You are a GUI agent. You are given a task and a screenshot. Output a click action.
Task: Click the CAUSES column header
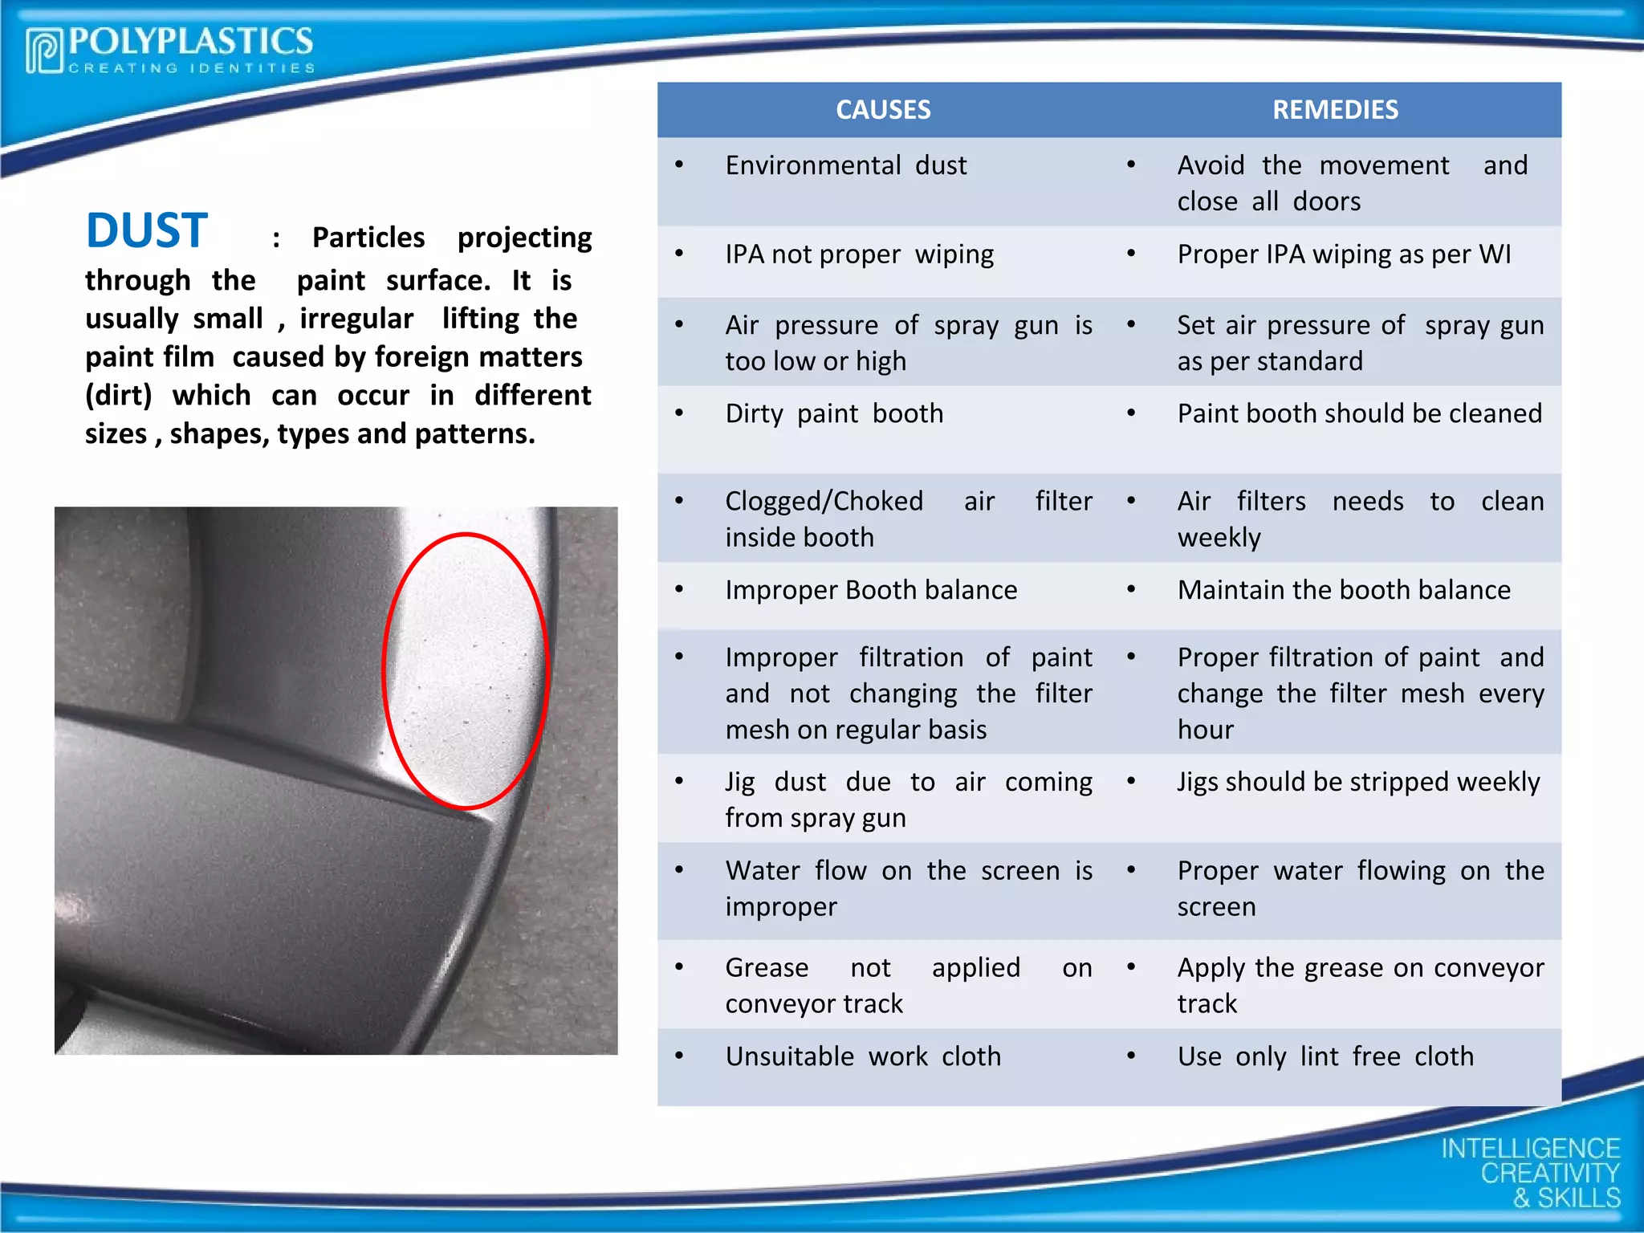pyautogui.click(x=883, y=110)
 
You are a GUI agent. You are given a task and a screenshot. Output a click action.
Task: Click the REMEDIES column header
pyautogui.click(x=1335, y=110)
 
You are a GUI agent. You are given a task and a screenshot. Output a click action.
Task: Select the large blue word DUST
pyautogui.click(x=147, y=231)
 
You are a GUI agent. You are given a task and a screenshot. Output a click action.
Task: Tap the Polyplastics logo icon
pyautogui.click(x=44, y=51)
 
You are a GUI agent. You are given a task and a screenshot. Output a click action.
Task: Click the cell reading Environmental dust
pyautogui.click(x=846, y=165)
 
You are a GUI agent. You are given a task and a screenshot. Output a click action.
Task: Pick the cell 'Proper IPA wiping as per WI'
pyautogui.click(x=1344, y=254)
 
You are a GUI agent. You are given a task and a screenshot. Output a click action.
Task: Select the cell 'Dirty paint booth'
pyautogui.click(x=834, y=413)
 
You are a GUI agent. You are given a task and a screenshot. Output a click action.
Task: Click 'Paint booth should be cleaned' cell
pyautogui.click(x=1359, y=413)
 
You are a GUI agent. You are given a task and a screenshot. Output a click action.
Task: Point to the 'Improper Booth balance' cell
pyautogui.click(x=871, y=590)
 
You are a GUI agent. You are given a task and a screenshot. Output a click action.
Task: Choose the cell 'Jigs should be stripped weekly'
pyautogui.click(x=1358, y=782)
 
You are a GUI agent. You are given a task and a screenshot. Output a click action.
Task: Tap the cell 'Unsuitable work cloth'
pyautogui.click(x=863, y=1056)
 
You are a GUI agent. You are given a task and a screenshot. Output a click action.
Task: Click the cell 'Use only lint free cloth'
pyautogui.click(x=1325, y=1056)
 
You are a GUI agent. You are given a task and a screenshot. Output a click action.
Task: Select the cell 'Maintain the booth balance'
pyautogui.click(x=1344, y=590)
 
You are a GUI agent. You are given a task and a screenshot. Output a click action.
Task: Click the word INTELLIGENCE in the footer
pyautogui.click(x=1530, y=1149)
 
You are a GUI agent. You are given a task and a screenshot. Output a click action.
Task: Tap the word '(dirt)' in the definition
pyautogui.click(x=119, y=396)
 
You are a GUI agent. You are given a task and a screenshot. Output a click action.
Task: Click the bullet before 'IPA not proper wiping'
pyautogui.click(x=679, y=254)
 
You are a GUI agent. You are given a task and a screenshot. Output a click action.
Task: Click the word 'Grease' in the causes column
pyautogui.click(x=767, y=968)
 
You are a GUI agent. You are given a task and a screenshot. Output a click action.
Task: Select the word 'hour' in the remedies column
pyautogui.click(x=1205, y=730)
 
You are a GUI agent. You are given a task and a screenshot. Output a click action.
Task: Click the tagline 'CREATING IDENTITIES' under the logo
pyautogui.click(x=191, y=68)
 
